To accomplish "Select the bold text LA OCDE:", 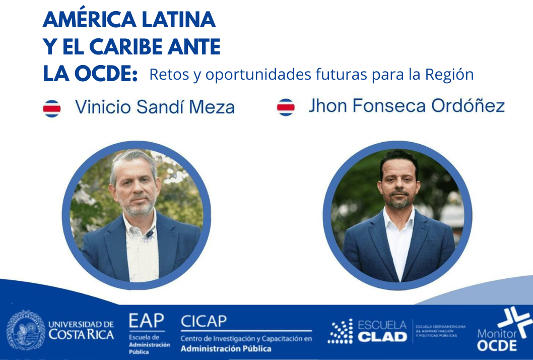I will (90, 74).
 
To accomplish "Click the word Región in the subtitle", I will (449, 75).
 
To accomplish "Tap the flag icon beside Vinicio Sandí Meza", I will (52, 107).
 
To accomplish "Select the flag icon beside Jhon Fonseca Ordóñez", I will (286, 107).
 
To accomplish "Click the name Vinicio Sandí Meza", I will (155, 107).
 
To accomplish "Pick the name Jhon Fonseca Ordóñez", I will (407, 106).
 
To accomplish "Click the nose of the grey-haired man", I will (136, 191).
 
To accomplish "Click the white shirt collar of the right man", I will (398, 219).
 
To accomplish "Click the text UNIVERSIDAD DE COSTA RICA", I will (81, 330).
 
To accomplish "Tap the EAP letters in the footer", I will (146, 321).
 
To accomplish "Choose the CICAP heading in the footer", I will (204, 321).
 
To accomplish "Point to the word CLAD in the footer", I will (382, 336).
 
